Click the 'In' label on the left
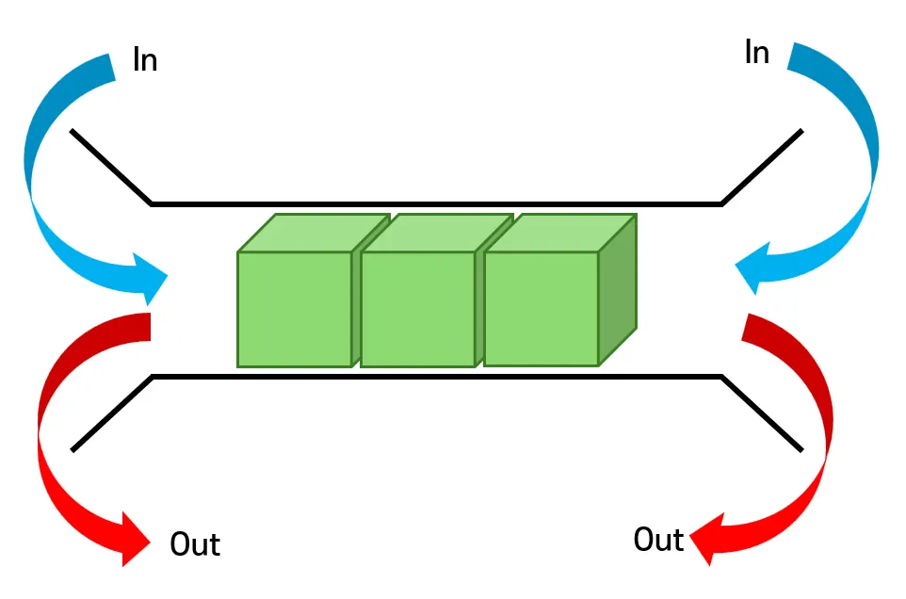144,61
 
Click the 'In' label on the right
756,53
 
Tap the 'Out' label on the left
195,543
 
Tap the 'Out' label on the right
658,539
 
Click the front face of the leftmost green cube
294,309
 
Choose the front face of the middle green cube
417,309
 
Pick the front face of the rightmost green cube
541,308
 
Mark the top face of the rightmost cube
560,233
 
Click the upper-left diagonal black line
111,167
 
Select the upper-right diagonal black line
762,167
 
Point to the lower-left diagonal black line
111,413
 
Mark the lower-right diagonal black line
762,413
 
